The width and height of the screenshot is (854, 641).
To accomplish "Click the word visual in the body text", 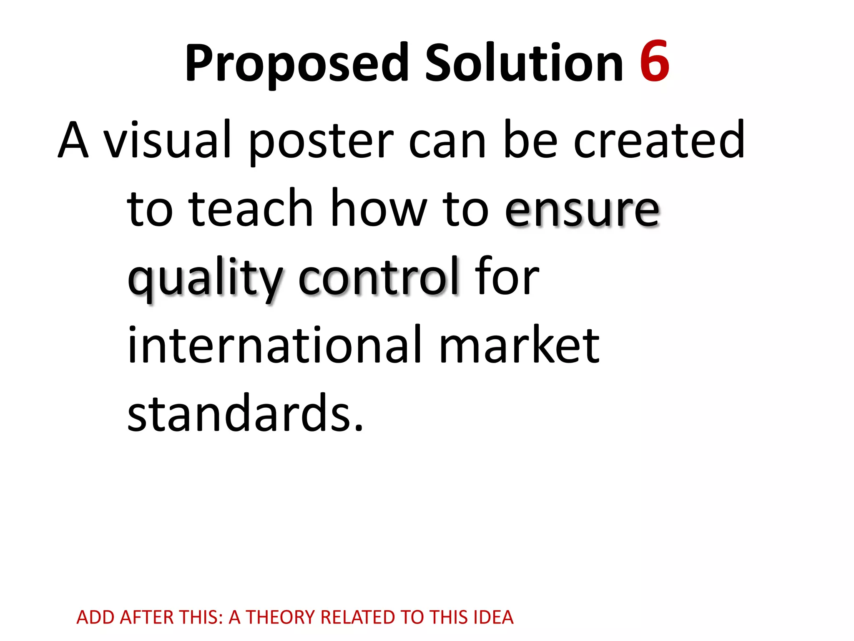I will pyautogui.click(x=167, y=140).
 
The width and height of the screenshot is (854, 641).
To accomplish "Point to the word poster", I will pyautogui.click(x=321, y=142).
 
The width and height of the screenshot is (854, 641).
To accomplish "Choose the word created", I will pyautogui.click(x=659, y=140).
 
